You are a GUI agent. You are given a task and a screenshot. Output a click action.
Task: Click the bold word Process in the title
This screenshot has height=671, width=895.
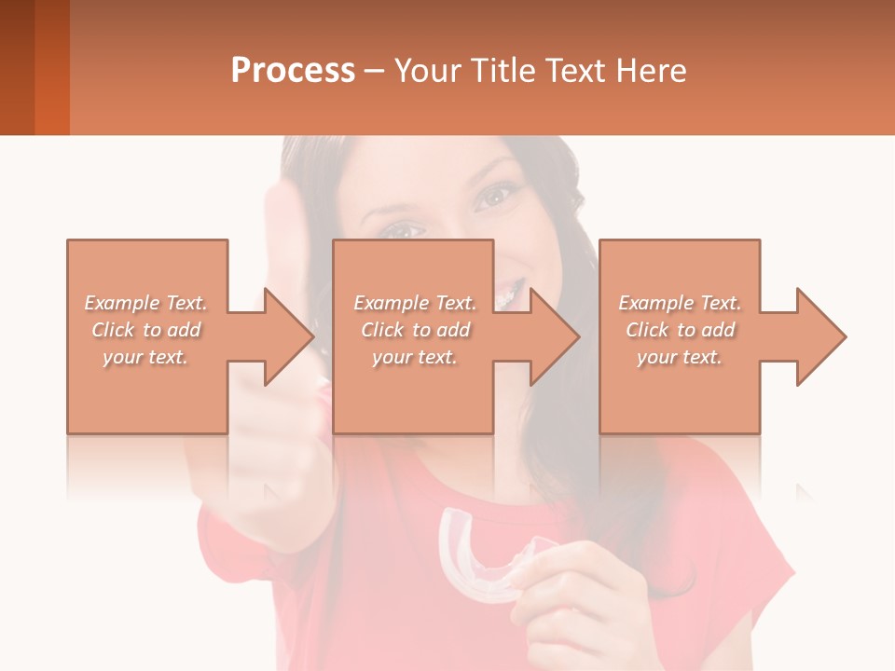(x=293, y=71)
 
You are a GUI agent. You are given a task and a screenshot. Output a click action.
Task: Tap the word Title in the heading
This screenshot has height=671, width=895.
(x=503, y=71)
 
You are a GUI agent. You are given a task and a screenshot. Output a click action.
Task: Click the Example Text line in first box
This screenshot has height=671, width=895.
(x=146, y=303)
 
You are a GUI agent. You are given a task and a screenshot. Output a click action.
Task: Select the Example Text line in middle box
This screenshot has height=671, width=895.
(x=415, y=303)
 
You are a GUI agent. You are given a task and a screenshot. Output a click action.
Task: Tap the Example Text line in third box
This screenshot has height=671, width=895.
(x=680, y=303)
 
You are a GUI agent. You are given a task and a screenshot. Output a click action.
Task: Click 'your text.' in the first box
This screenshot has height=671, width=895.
(x=146, y=357)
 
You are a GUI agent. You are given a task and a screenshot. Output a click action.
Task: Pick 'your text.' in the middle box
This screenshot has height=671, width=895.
(x=415, y=357)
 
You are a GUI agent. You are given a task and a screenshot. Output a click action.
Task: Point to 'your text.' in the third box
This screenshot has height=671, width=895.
(x=680, y=357)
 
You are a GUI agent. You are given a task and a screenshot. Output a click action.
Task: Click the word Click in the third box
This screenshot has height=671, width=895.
(x=648, y=330)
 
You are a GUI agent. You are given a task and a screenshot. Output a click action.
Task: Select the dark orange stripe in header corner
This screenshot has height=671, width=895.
(x=51, y=67)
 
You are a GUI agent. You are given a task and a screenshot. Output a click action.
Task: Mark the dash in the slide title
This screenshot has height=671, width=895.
(x=374, y=72)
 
